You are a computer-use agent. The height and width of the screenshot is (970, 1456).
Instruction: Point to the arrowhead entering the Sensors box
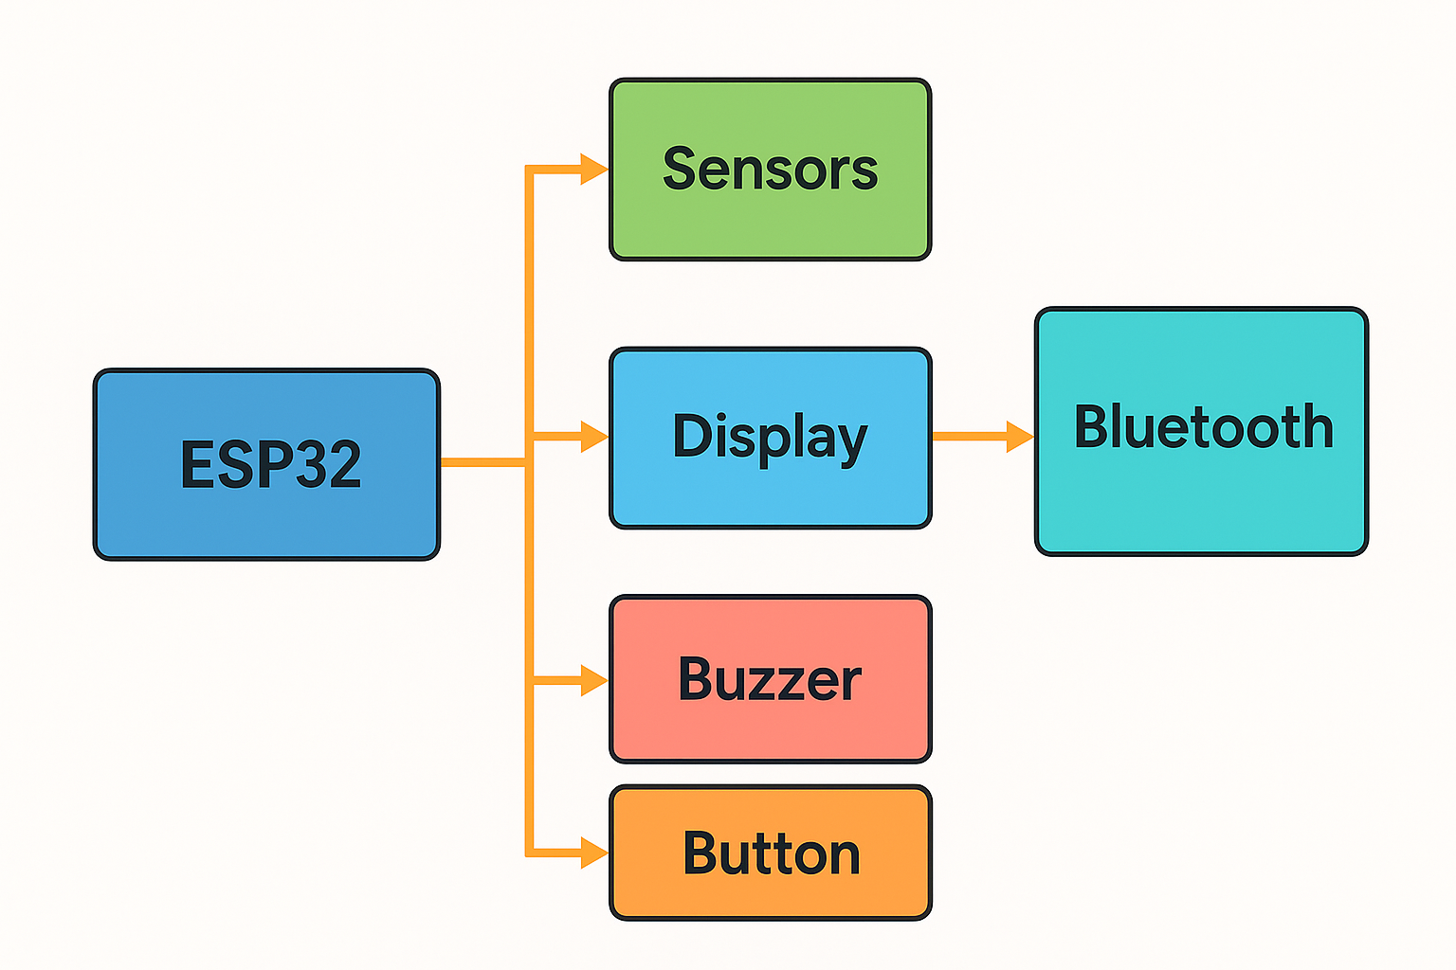tap(594, 170)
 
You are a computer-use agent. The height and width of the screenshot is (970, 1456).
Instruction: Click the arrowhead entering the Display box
tap(594, 437)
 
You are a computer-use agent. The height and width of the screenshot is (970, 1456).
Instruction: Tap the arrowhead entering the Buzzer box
tap(594, 680)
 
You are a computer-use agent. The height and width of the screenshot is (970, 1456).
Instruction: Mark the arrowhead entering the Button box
tap(594, 853)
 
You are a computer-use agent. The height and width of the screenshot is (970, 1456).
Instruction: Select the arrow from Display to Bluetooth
tap(981, 437)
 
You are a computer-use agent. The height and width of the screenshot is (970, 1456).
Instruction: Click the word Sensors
tap(770, 170)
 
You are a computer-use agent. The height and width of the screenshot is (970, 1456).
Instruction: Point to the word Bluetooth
tap(1203, 427)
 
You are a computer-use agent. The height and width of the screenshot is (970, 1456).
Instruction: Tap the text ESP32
tap(271, 464)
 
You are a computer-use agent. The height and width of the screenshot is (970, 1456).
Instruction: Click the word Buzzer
tap(770, 679)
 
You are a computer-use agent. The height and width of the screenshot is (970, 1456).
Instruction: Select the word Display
tap(770, 437)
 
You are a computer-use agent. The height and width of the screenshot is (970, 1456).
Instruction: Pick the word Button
tap(772, 853)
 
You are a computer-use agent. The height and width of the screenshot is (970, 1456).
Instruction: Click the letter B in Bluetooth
tap(1092, 427)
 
